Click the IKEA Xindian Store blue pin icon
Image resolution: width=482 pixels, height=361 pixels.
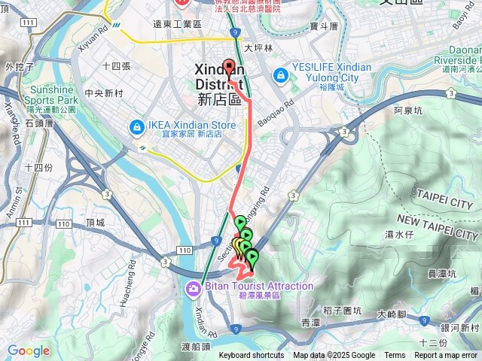click(137, 126)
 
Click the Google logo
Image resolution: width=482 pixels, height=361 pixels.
click(28, 350)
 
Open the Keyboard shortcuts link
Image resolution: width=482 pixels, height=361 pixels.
click(252, 356)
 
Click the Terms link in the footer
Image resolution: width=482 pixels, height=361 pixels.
click(395, 356)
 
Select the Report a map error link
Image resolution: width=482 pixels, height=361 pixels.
click(447, 356)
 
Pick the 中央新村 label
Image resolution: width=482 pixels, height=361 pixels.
click(105, 93)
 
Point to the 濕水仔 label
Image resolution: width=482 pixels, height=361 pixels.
click(400, 235)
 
